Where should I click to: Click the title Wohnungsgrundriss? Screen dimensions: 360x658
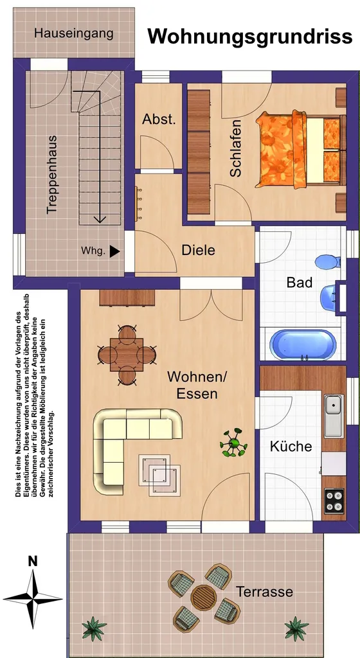point(249,37)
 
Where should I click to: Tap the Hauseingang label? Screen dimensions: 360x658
point(74,33)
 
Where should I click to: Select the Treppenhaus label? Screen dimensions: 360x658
point(51,175)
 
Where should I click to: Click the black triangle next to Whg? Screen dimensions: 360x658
point(114,251)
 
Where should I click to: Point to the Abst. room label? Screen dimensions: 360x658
point(159,119)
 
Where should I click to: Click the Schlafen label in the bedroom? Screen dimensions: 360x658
point(236,148)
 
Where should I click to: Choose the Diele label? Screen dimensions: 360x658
point(198,250)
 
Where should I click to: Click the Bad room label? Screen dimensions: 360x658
point(299,283)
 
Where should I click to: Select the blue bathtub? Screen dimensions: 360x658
point(303,345)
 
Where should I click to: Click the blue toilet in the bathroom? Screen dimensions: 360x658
point(328,262)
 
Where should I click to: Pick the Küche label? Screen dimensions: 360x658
point(291,446)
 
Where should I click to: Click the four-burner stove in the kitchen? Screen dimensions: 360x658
point(334,500)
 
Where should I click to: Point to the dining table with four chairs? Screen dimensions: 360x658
point(127,355)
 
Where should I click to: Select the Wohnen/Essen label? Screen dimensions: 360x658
point(197,386)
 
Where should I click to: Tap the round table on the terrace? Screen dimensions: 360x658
point(204,598)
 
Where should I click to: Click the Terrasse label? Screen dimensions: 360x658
point(264,592)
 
